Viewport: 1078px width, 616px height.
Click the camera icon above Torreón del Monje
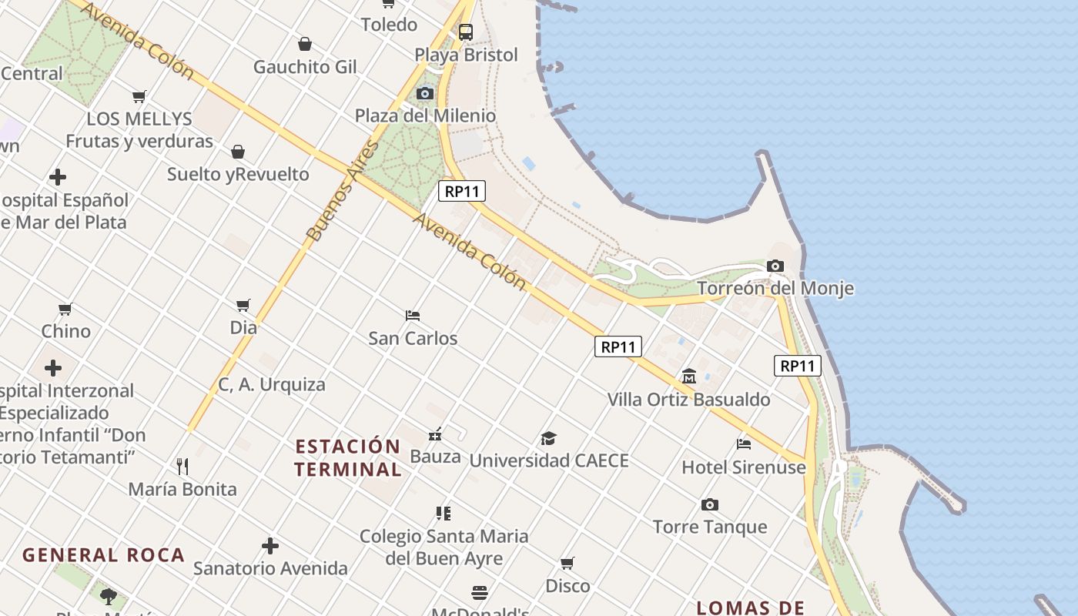(775, 266)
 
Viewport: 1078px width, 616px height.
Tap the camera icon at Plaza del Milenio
(424, 94)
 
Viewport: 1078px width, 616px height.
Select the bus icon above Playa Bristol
(465, 32)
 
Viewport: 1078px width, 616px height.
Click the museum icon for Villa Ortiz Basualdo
(689, 377)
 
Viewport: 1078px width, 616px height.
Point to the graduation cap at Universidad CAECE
(548, 438)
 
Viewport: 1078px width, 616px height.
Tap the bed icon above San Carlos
(413, 316)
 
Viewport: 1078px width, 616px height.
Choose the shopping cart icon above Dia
(243, 305)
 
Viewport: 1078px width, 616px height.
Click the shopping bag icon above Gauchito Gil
(305, 44)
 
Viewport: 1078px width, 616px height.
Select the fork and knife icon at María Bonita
(182, 466)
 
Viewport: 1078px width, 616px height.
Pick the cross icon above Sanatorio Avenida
(270, 546)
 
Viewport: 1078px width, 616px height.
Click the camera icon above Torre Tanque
(710, 505)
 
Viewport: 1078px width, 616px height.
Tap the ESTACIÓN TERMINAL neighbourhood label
(348, 457)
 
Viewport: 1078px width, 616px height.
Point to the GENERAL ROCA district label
(103, 555)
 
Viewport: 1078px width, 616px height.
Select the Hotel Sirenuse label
(744, 467)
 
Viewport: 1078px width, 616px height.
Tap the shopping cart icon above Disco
(567, 563)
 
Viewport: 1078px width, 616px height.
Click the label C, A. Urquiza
(272, 384)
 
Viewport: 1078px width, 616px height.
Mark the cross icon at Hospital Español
(58, 178)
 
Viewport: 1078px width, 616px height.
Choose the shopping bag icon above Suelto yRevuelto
(238, 152)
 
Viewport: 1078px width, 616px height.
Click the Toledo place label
(389, 25)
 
